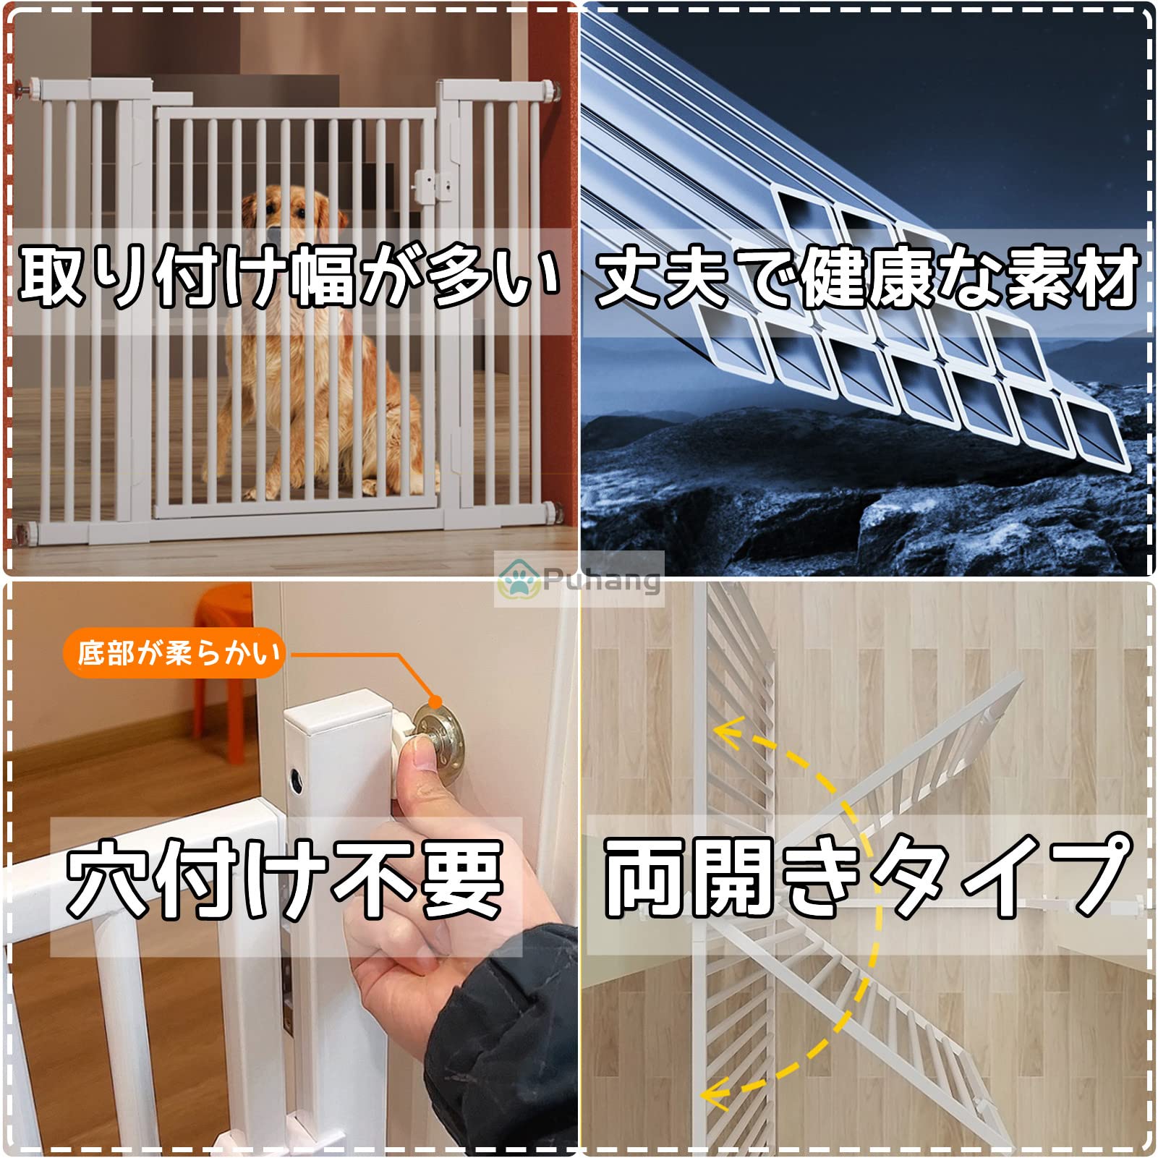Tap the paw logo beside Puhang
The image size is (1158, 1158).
(x=519, y=579)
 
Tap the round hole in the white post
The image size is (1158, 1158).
(x=297, y=780)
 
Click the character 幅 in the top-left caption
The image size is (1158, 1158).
(x=321, y=275)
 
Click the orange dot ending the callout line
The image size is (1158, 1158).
(x=435, y=701)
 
